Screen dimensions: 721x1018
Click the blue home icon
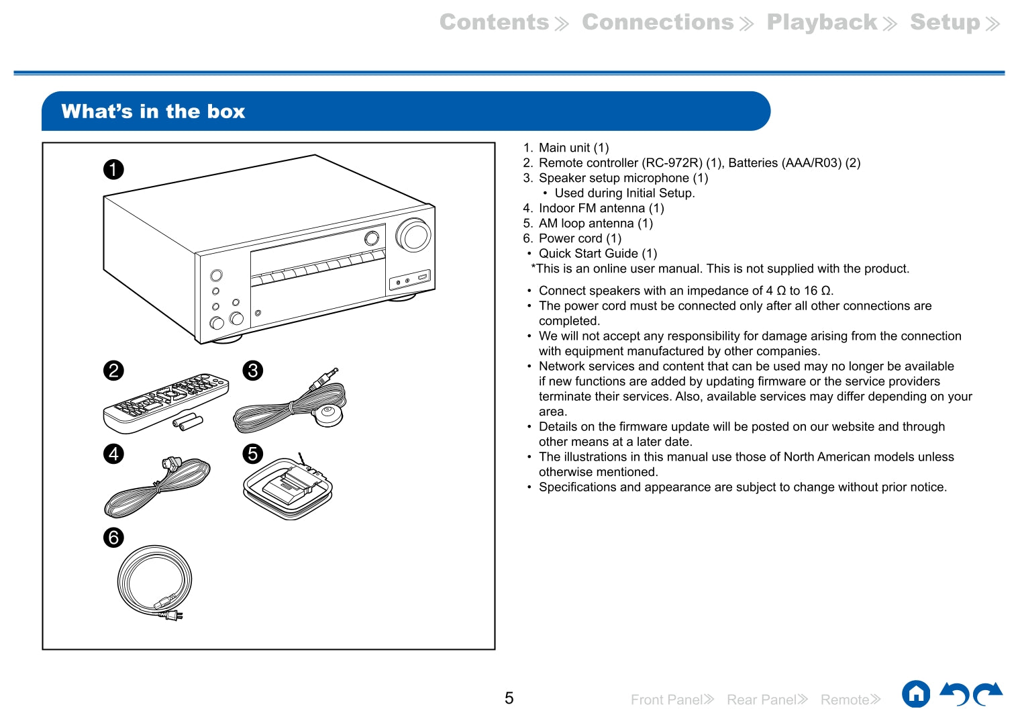click(916, 694)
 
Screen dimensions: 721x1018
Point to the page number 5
click(509, 698)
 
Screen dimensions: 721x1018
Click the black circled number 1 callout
click(113, 169)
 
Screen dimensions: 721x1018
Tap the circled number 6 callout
click(113, 537)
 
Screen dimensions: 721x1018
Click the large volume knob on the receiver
click(413, 235)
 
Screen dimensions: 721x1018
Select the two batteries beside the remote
click(187, 422)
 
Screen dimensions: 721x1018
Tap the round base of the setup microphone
click(329, 415)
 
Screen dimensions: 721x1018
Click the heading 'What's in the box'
click(153, 111)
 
